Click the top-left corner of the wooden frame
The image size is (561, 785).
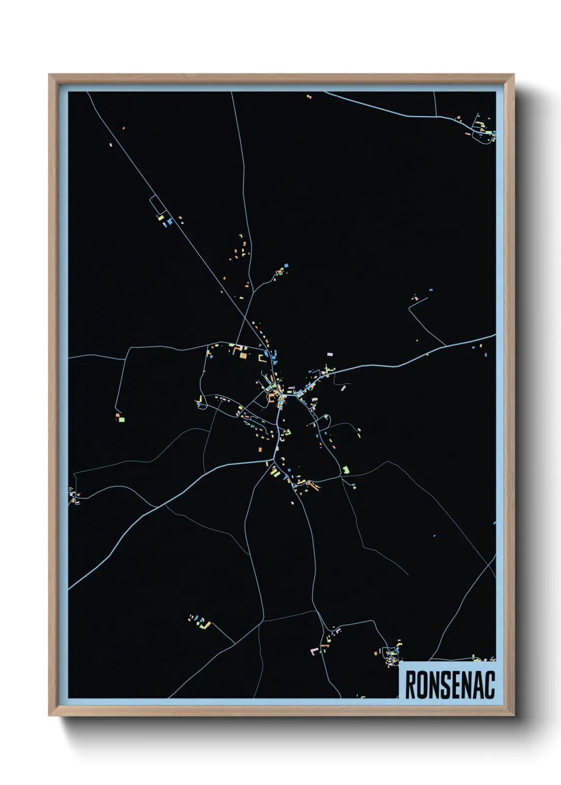[x=49, y=75]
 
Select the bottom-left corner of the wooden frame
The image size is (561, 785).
[x=49, y=716]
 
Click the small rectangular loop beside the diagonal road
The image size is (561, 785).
[x=156, y=204]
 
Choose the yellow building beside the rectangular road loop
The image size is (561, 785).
[x=160, y=217]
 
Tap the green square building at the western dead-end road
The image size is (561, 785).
[x=121, y=420]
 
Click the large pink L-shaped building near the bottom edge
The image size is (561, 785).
[x=314, y=650]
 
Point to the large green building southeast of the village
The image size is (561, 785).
[x=346, y=470]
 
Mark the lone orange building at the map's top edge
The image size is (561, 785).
[x=309, y=97]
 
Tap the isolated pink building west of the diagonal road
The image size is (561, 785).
[x=111, y=144]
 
